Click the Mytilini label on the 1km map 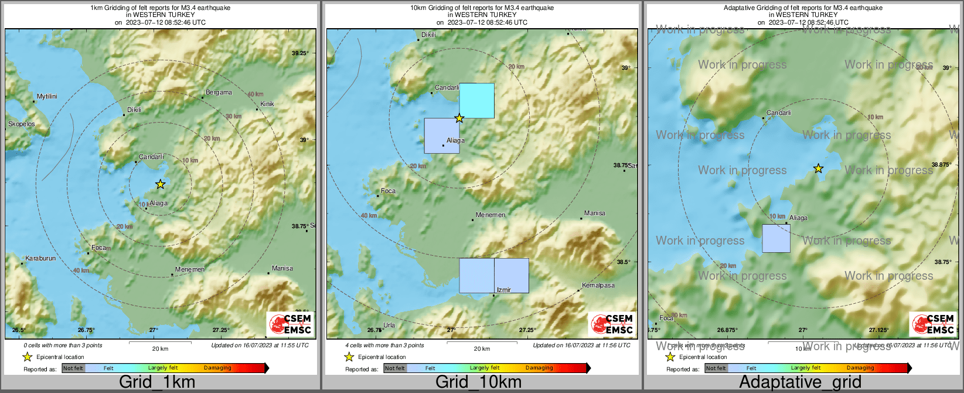click(x=47, y=96)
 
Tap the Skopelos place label click(x=22, y=124)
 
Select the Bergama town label click(x=219, y=93)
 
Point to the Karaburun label click(x=41, y=259)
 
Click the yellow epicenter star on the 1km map click(x=160, y=184)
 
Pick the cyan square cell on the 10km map click(x=476, y=100)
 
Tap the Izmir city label click(x=504, y=290)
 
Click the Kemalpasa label click(x=598, y=285)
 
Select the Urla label click(x=389, y=325)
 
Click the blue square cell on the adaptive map click(x=776, y=238)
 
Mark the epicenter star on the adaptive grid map click(x=818, y=169)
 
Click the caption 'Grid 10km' click(x=478, y=382)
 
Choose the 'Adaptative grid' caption click(x=800, y=382)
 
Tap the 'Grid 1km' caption click(x=157, y=382)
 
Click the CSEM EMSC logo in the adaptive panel click(x=932, y=324)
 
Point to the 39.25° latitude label click(x=300, y=53)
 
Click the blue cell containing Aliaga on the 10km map click(x=441, y=135)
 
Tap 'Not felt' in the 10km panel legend click(x=394, y=368)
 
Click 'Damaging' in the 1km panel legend click(x=217, y=368)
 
